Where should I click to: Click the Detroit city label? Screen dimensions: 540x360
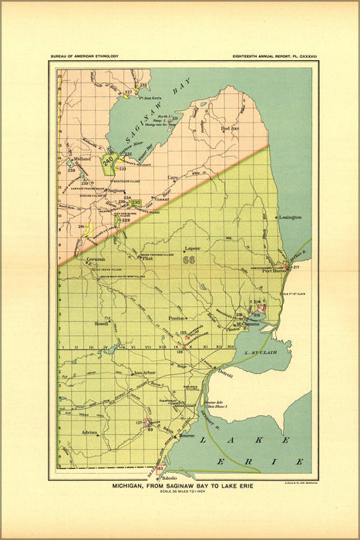click(224, 373)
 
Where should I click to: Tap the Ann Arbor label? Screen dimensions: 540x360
click(144, 373)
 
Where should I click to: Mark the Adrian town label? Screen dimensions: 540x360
click(89, 433)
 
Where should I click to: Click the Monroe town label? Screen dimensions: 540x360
click(187, 436)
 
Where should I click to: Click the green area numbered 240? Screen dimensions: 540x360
click(109, 160)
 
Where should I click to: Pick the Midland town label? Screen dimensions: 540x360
click(82, 158)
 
